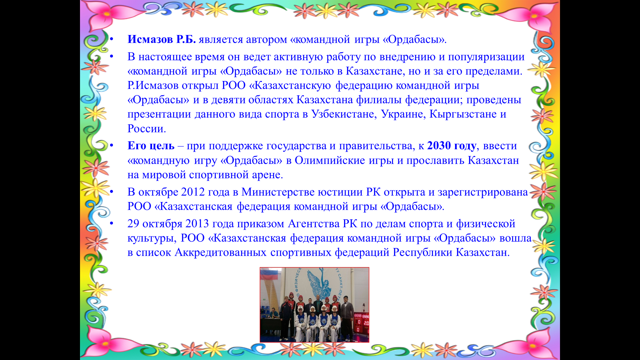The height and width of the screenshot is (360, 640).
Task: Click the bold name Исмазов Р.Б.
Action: (x=162, y=39)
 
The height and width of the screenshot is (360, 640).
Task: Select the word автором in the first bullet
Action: (x=266, y=40)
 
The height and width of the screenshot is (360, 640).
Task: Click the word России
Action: (x=147, y=129)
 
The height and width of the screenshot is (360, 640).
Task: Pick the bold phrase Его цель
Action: (x=151, y=146)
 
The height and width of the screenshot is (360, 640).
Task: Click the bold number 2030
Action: (x=439, y=146)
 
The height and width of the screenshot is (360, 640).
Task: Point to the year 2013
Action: (x=197, y=224)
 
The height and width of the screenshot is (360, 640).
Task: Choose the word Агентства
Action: (x=313, y=224)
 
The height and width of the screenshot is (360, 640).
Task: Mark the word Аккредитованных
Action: (x=220, y=252)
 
